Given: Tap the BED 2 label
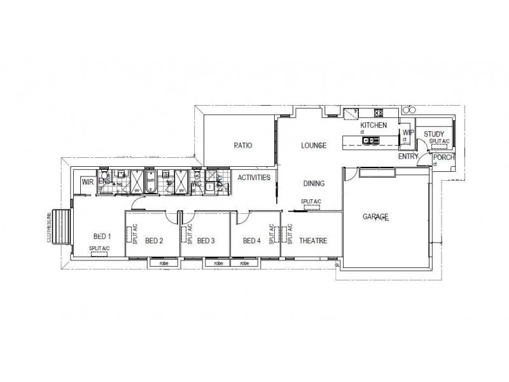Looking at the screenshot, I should click(155, 241).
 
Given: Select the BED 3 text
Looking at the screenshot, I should click(207, 241).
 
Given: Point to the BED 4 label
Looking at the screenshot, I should click(252, 241).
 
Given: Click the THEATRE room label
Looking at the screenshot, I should click(312, 241).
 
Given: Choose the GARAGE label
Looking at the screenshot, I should click(376, 217).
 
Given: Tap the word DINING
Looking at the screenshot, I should click(314, 184).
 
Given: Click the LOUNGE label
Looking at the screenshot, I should click(314, 146).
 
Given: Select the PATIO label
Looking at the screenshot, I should click(242, 146).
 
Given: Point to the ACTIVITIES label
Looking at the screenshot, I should click(254, 178).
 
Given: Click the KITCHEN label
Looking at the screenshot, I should click(373, 125).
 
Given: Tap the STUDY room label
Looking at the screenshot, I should click(434, 134).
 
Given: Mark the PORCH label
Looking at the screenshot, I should click(443, 157).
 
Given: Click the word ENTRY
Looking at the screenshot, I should click(408, 157).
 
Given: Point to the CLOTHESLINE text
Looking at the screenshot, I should click(48, 227).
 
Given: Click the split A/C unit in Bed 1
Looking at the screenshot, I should click(99, 253).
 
